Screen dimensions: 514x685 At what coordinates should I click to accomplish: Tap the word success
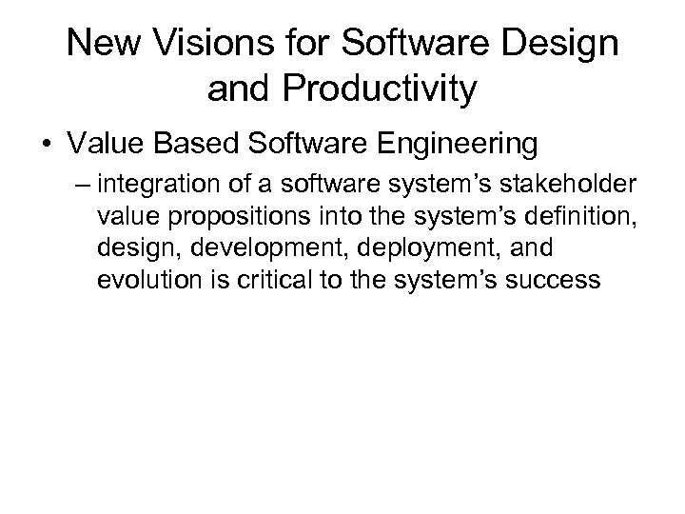click(541, 281)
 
